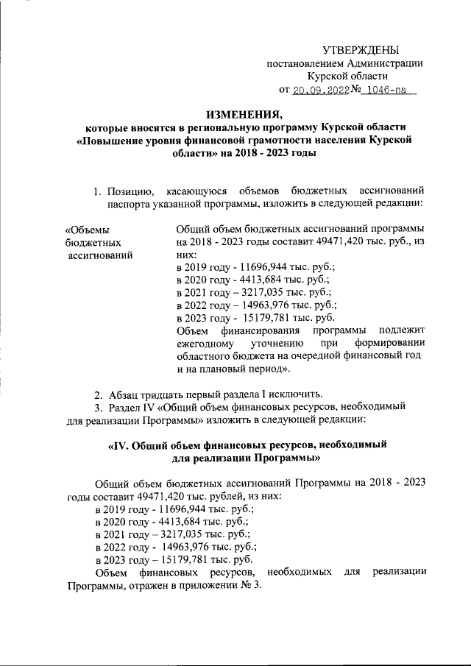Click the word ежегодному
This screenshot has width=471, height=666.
205,344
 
